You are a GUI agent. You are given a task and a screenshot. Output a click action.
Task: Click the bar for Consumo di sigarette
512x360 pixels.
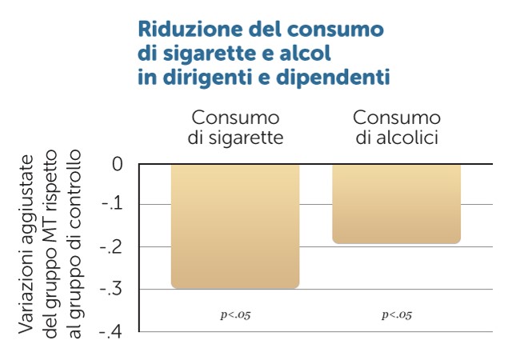pos(235,226)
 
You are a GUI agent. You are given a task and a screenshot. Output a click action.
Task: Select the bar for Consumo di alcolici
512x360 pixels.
pos(397,203)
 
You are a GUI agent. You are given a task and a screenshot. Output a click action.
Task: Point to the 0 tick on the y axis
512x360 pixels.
pos(117,165)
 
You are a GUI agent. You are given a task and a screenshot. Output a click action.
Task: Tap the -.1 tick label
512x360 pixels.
pos(113,206)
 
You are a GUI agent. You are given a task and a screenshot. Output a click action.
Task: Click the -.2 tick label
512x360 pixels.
pos(113,247)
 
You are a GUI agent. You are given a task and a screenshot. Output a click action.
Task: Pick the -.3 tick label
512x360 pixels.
pos(113,289)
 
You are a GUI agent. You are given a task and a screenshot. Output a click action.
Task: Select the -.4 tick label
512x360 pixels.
pos(113,330)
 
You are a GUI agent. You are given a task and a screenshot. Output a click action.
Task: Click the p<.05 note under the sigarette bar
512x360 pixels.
pos(235,314)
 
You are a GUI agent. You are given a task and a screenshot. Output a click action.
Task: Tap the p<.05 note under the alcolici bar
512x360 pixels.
pos(397,314)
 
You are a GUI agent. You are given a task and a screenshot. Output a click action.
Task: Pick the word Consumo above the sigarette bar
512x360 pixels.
pos(235,118)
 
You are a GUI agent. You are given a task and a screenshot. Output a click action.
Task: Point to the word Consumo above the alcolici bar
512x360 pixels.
pos(397,118)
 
